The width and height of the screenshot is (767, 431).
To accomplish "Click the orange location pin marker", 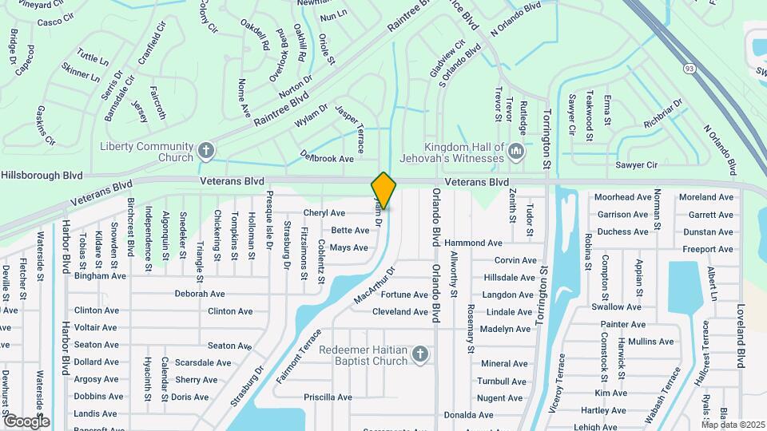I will click(x=383, y=191).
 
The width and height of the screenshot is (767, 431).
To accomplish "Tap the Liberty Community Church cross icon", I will click(x=206, y=149).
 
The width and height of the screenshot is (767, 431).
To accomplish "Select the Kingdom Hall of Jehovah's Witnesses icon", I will click(x=516, y=149).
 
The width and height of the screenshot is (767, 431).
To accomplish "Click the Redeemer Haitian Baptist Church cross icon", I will click(x=420, y=354).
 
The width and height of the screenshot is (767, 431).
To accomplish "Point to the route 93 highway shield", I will click(x=689, y=69).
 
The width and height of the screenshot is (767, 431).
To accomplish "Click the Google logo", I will click(x=26, y=421).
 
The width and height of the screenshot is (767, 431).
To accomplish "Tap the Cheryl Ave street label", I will click(x=324, y=213).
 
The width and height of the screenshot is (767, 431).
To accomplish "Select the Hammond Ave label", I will click(x=473, y=243).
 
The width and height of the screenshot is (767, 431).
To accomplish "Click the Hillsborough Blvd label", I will click(x=42, y=175).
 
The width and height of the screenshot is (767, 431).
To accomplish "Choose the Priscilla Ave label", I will click(x=328, y=397).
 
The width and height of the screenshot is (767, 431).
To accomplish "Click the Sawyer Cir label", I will click(x=636, y=164).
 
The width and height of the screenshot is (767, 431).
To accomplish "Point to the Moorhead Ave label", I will click(x=623, y=197).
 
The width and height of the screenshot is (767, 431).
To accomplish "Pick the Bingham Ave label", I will click(x=100, y=276).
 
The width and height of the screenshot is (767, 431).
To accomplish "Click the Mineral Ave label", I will click(x=504, y=363).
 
